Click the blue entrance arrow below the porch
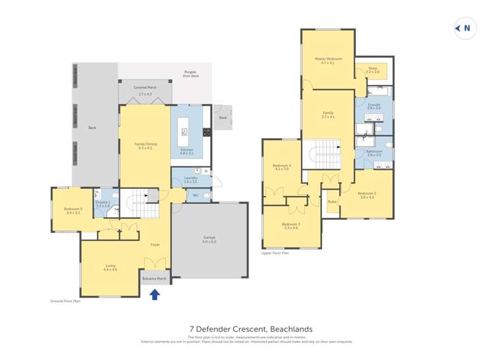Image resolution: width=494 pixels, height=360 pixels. coord(155,295)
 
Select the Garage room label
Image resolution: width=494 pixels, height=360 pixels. coord(210,240)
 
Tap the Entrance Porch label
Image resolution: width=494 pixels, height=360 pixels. coord(155,278)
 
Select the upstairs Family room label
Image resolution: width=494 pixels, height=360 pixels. coord(327,115)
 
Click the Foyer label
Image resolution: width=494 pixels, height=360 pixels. coord(155,244)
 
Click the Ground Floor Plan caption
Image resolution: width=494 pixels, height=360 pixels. coord(65,301)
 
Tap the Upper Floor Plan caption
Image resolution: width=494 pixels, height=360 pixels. coord(276,252)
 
